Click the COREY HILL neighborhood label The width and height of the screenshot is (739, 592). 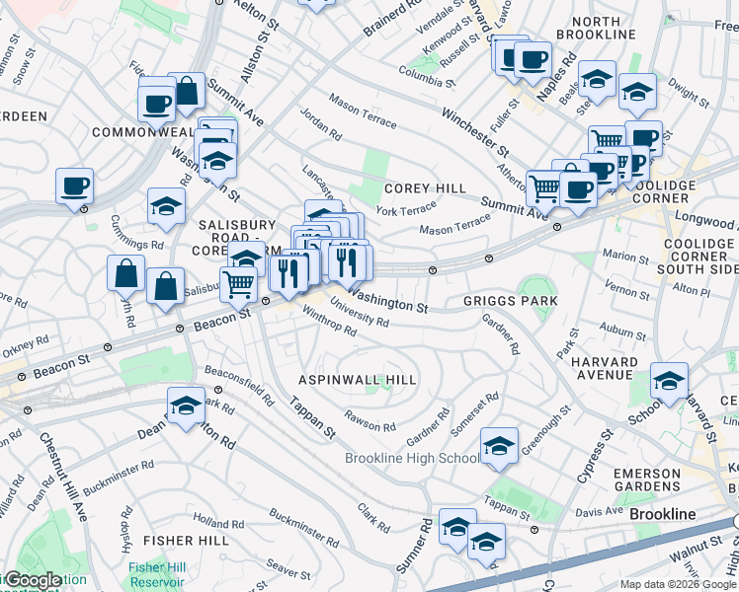click(x=425, y=187)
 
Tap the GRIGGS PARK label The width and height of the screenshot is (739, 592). click(x=511, y=300)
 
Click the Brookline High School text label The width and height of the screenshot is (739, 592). click(x=412, y=459)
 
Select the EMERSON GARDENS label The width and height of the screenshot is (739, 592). click(x=647, y=481)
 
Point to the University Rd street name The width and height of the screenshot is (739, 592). click(x=360, y=314)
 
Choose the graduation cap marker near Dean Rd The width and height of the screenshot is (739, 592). click(x=185, y=405)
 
